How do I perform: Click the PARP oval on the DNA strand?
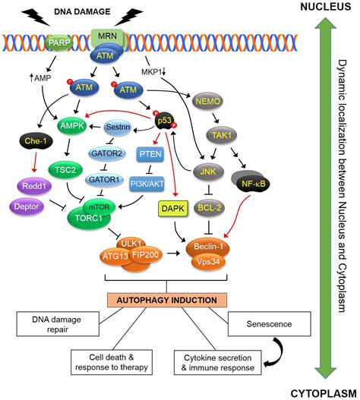click(58, 43)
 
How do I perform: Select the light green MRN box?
click(108, 36)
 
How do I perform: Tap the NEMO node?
click(207, 102)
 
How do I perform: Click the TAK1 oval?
click(221, 135)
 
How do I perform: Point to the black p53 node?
click(164, 121)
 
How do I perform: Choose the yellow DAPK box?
click(173, 209)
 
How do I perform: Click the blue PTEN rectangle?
click(150, 154)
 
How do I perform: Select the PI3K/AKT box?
click(147, 184)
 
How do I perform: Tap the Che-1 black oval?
click(36, 141)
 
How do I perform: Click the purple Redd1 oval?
click(34, 186)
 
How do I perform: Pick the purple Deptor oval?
click(27, 206)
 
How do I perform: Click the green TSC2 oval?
click(65, 170)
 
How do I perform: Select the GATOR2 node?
click(107, 153)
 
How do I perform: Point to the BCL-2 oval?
click(210, 208)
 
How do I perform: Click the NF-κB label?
click(253, 184)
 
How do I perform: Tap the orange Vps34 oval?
click(208, 261)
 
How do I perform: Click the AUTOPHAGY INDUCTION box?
click(167, 300)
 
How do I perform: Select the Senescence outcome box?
click(270, 324)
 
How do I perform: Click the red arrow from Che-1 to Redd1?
click(35, 162)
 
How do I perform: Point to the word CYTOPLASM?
click(324, 393)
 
